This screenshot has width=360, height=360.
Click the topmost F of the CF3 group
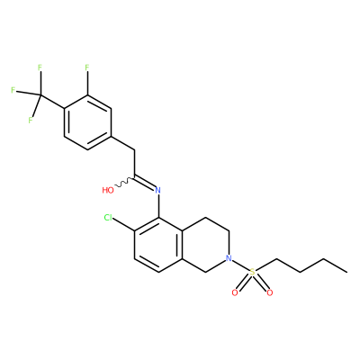[40, 67]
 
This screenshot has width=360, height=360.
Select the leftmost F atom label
[13, 90]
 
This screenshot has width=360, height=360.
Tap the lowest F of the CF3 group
[31, 121]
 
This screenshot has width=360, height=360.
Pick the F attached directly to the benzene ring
[87, 67]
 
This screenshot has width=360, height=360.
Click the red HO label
[108, 190]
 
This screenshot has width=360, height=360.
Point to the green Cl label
[109, 218]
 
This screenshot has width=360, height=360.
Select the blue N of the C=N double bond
[158, 190]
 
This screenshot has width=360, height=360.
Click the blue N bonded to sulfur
[229, 258]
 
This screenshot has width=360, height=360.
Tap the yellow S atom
[252, 272]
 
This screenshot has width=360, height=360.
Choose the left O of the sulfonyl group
[235, 292]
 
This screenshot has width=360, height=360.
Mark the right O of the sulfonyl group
[270, 292]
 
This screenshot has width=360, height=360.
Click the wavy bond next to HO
[124, 183]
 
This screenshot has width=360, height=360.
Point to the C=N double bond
[144, 183]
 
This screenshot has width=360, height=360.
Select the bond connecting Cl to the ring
[124, 225]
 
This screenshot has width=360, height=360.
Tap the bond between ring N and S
[240, 265]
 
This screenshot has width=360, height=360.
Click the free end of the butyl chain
[347, 272]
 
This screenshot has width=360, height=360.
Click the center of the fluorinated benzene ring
[87, 122]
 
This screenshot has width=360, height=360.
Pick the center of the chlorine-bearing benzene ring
[158, 245]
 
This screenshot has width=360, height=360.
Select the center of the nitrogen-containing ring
[206, 245]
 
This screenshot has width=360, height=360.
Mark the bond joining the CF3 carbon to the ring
[51, 102]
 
